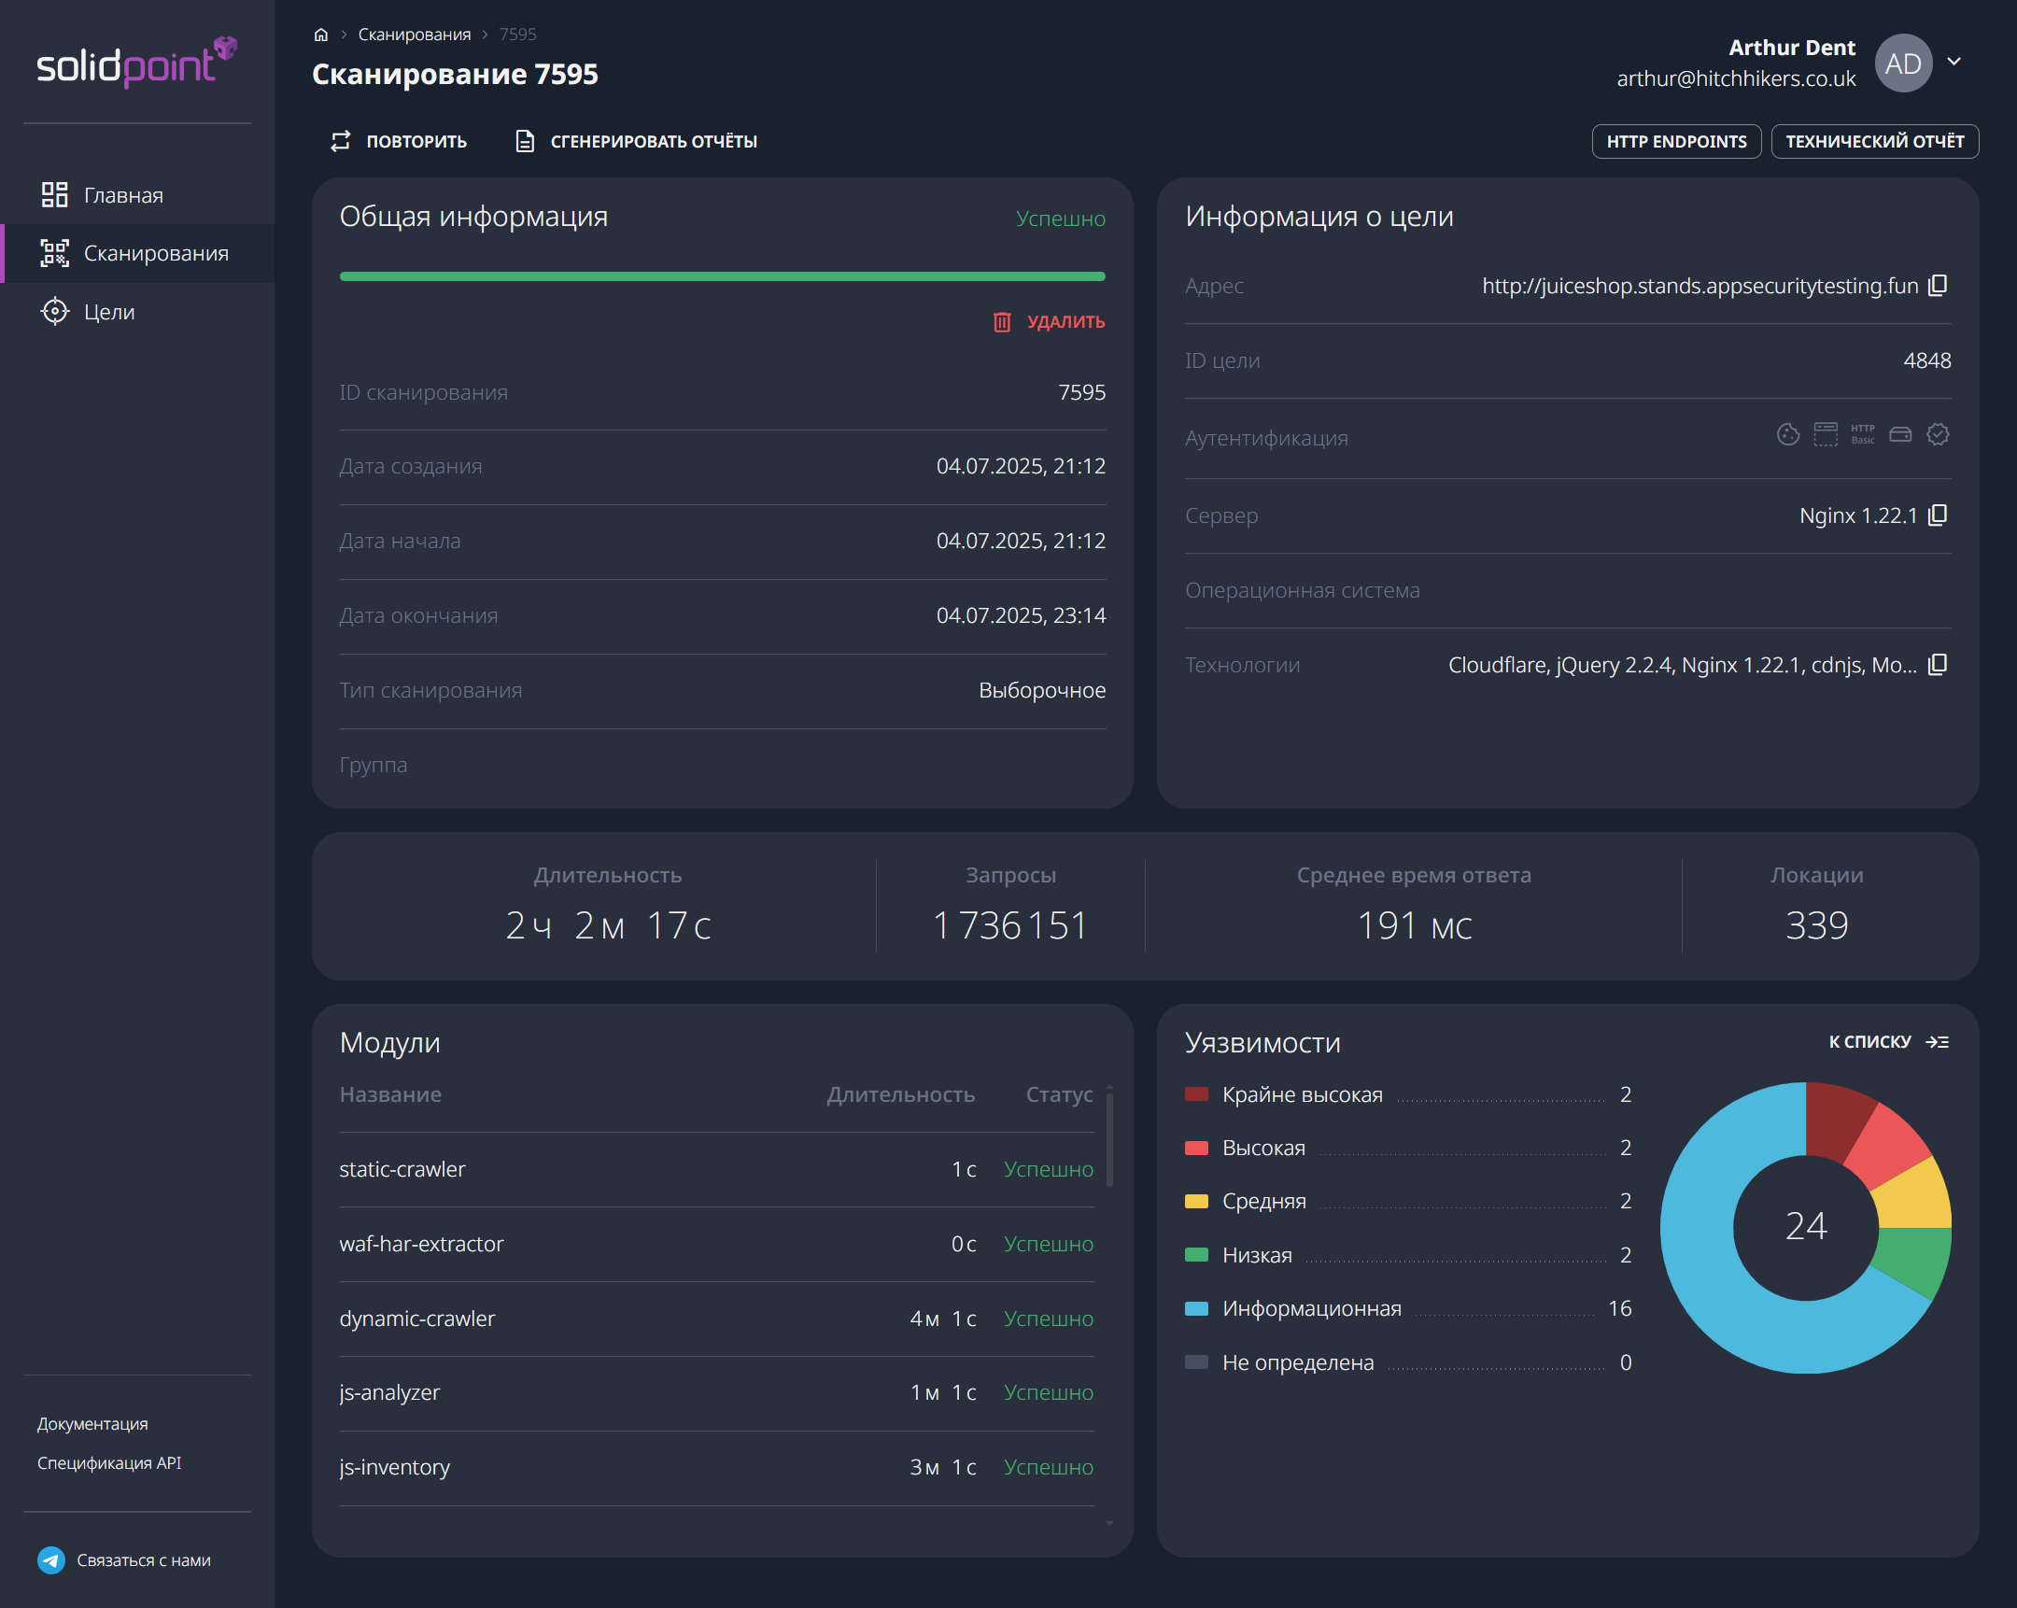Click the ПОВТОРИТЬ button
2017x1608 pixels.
tap(399, 141)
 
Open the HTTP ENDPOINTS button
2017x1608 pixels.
tap(1675, 141)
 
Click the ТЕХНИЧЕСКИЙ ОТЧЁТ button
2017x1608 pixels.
tap(1874, 141)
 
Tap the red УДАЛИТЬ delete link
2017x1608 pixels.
tap(1049, 322)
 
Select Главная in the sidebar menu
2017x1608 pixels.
tap(122, 195)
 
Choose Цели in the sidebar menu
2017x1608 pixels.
tap(108, 312)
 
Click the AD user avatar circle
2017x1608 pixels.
tap(1903, 63)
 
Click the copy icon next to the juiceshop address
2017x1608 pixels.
tap(1938, 286)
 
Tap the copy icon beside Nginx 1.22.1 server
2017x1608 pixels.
tap(1938, 515)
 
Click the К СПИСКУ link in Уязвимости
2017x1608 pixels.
tap(1888, 1042)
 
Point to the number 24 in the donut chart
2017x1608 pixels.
tap(1805, 1226)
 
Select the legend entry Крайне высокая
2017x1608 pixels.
tap(1302, 1094)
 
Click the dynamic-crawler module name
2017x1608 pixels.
tap(417, 1318)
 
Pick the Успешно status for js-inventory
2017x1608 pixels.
tap(1048, 1467)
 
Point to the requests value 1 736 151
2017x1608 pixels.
tap(1010, 925)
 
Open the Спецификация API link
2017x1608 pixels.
tap(109, 1463)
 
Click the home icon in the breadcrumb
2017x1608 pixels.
tap(321, 35)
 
